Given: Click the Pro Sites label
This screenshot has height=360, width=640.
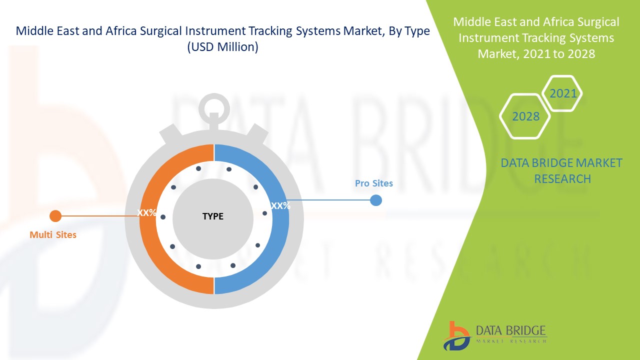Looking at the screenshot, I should pyautogui.click(x=373, y=183).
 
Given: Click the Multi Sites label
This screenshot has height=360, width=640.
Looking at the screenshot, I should pyautogui.click(x=53, y=234).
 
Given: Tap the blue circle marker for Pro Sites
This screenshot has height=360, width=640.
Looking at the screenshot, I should pyautogui.click(x=376, y=200).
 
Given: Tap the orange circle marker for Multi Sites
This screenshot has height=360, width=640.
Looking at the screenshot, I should pyautogui.click(x=55, y=216).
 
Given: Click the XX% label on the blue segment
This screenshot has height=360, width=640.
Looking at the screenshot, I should pyautogui.click(x=280, y=205).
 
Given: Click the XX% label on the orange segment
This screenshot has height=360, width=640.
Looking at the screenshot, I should pyautogui.click(x=147, y=212).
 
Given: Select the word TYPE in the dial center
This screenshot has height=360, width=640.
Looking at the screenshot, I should pyautogui.click(x=213, y=216).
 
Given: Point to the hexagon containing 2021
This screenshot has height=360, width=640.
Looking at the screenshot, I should pyautogui.click(x=562, y=93).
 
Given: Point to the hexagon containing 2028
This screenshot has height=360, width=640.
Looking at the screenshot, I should pyautogui.click(x=525, y=116).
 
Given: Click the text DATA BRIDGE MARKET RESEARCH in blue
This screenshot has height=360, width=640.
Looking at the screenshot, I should pyautogui.click(x=561, y=170).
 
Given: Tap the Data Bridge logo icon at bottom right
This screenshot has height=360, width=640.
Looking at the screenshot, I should pyautogui.click(x=456, y=335).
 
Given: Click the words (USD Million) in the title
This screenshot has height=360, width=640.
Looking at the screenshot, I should pyautogui.click(x=222, y=48).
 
